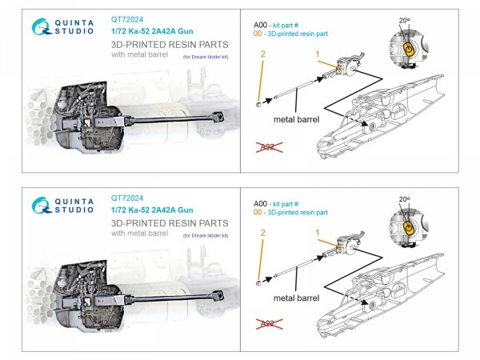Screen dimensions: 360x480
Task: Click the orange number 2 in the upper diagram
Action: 261,53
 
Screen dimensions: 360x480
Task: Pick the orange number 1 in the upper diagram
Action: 318,54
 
